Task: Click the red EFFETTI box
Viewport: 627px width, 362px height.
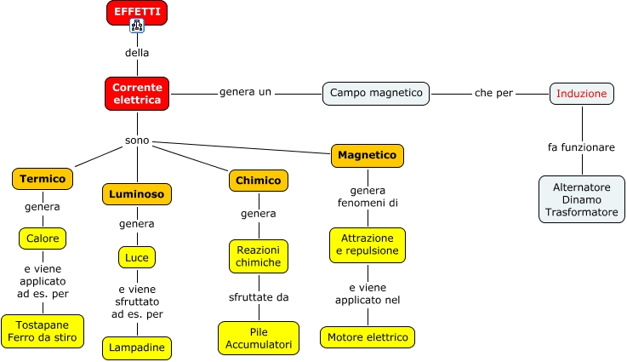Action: click(x=137, y=11)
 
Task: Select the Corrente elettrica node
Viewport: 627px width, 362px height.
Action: click(x=137, y=94)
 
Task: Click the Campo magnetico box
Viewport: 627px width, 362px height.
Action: click(x=376, y=93)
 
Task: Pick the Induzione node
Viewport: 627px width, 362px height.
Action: click(x=581, y=93)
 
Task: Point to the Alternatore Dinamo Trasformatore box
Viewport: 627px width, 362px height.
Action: click(x=581, y=199)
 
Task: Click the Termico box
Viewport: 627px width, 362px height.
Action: click(x=43, y=179)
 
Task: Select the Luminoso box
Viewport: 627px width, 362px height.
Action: click(x=137, y=194)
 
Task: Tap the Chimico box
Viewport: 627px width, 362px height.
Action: click(x=258, y=180)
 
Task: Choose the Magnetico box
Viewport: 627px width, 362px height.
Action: click(x=368, y=156)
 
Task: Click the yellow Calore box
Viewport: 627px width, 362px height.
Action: click(x=43, y=238)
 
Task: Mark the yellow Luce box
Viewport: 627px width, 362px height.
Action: click(x=137, y=256)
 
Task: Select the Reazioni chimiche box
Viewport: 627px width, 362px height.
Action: click(x=258, y=256)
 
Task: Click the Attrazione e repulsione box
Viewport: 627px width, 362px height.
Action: click(x=368, y=245)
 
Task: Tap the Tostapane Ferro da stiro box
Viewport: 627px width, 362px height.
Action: click(x=43, y=331)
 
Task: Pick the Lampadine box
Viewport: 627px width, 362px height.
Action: click(x=137, y=348)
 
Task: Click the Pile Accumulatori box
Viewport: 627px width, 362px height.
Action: click(x=258, y=338)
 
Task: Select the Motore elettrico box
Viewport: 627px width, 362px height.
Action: click(x=368, y=337)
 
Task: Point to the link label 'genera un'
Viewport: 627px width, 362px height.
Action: click(x=245, y=92)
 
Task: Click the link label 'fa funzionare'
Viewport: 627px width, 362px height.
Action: click(x=581, y=147)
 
